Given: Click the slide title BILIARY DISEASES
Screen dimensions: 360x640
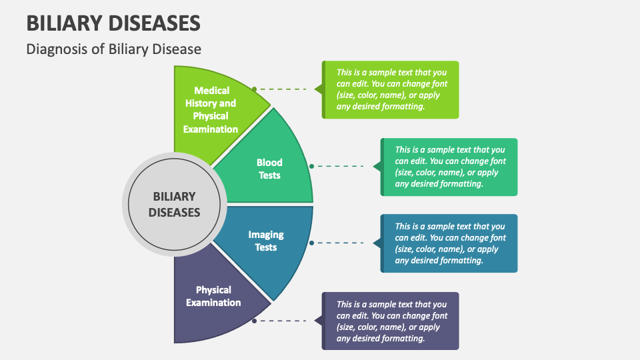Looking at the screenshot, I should (x=113, y=23).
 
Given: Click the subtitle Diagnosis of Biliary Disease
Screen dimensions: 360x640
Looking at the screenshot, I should (x=113, y=49).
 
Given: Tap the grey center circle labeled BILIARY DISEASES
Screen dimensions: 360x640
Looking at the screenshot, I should (x=174, y=205).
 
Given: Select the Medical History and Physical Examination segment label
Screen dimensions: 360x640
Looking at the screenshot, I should (x=211, y=110).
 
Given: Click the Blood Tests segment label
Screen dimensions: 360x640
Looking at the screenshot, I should (x=269, y=169).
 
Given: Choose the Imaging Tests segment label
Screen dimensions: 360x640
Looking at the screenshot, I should (x=265, y=241).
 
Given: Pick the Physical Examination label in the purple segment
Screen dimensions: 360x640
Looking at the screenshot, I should (x=213, y=296).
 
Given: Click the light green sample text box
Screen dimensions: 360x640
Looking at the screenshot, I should (x=391, y=89).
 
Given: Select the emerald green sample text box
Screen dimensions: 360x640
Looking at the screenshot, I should (x=450, y=167).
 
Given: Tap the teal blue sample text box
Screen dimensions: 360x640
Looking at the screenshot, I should (x=450, y=243).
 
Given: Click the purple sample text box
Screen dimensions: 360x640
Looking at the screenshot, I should (x=391, y=321).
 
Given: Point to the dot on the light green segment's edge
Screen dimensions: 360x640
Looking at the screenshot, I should (x=254, y=89).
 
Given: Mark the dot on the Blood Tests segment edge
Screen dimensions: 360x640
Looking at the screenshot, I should (x=311, y=166).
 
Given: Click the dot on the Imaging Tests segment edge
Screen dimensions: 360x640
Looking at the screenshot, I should (x=311, y=243).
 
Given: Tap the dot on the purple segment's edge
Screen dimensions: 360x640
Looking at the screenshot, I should (x=254, y=321).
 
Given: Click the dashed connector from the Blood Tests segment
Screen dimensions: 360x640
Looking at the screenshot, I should (x=340, y=166).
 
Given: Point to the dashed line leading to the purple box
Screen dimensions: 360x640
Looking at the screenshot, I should (x=283, y=321).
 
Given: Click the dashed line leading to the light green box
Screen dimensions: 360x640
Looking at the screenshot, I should (x=283, y=89).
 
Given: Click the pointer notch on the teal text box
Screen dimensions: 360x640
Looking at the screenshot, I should (x=377, y=243).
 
